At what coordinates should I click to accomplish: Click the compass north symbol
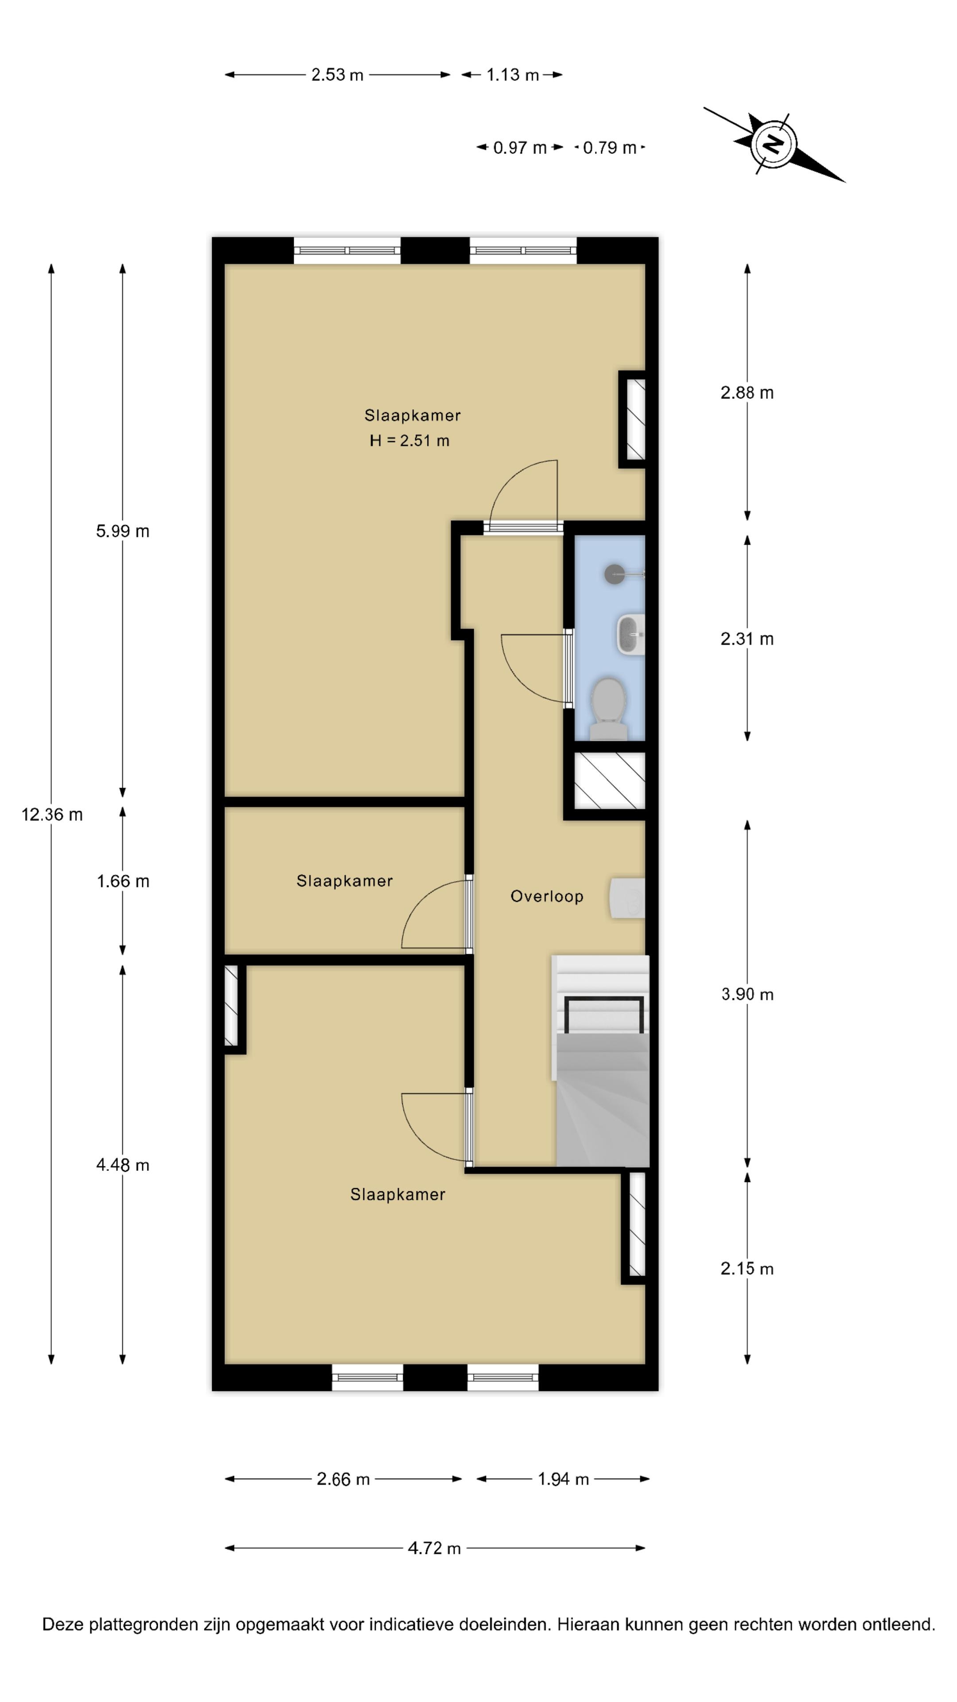[772, 144]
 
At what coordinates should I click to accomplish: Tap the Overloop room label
[547, 897]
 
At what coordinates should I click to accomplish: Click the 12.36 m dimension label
[52, 815]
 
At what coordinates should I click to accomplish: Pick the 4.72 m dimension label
[434, 1549]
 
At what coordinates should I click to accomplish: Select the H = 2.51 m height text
[409, 441]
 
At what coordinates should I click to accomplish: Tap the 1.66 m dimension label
[123, 882]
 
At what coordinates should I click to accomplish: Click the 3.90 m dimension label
[747, 994]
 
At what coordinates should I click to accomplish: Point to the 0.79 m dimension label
[610, 148]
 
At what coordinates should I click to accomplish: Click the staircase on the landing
[600, 1061]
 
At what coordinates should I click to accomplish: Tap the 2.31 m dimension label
[747, 639]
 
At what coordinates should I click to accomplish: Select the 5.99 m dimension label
[123, 531]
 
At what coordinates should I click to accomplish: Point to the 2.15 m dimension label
[747, 1269]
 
